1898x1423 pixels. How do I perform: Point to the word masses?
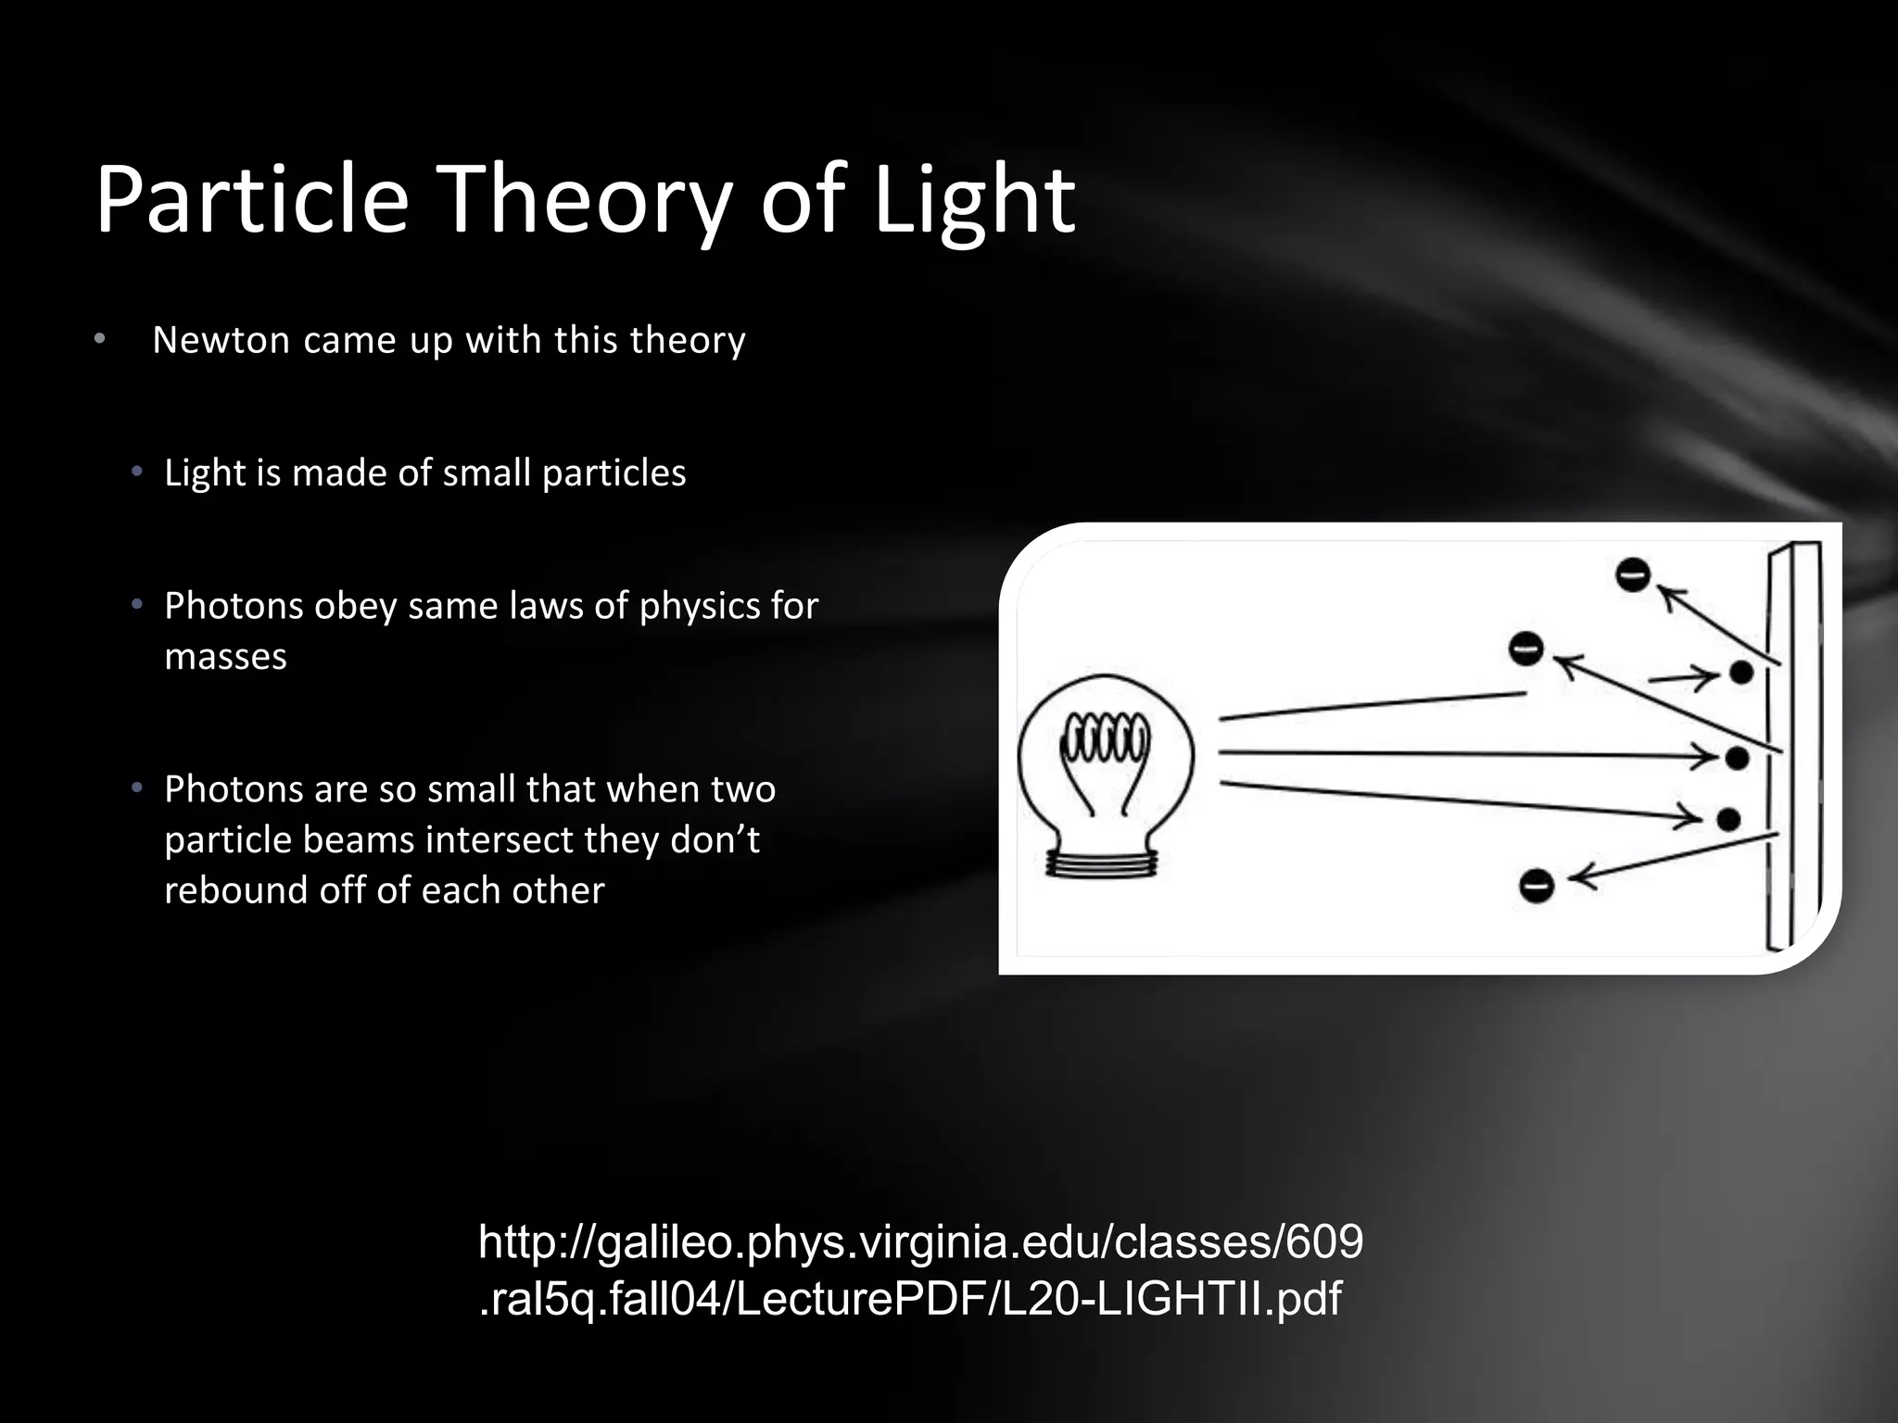click(x=225, y=657)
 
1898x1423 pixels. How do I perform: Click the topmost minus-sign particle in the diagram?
click(x=1633, y=574)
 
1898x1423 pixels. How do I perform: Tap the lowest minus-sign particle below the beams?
click(x=1536, y=886)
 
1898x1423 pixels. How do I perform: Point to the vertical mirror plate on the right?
click(x=1794, y=747)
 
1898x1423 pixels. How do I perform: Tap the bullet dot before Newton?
click(x=100, y=339)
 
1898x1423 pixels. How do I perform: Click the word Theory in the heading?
click(x=584, y=199)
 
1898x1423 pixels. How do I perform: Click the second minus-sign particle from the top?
click(x=1525, y=648)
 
